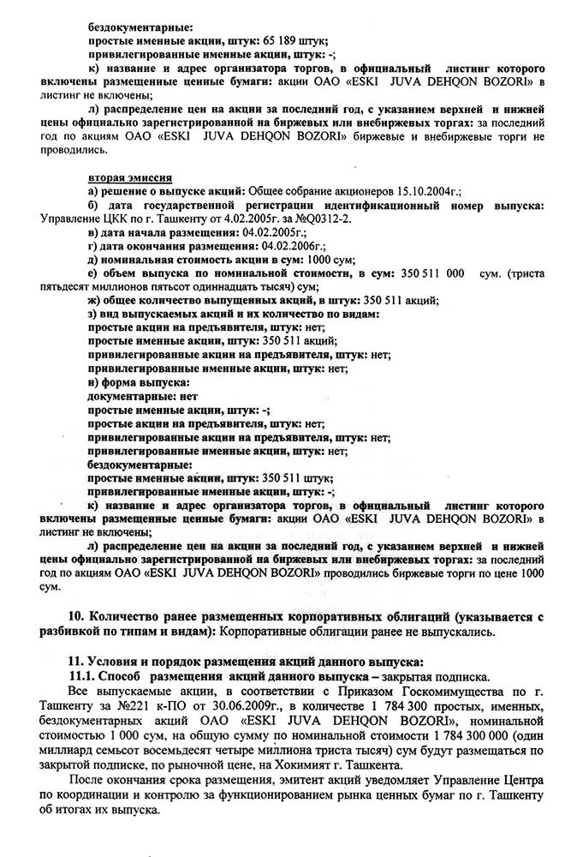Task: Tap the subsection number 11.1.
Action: [83, 676]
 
